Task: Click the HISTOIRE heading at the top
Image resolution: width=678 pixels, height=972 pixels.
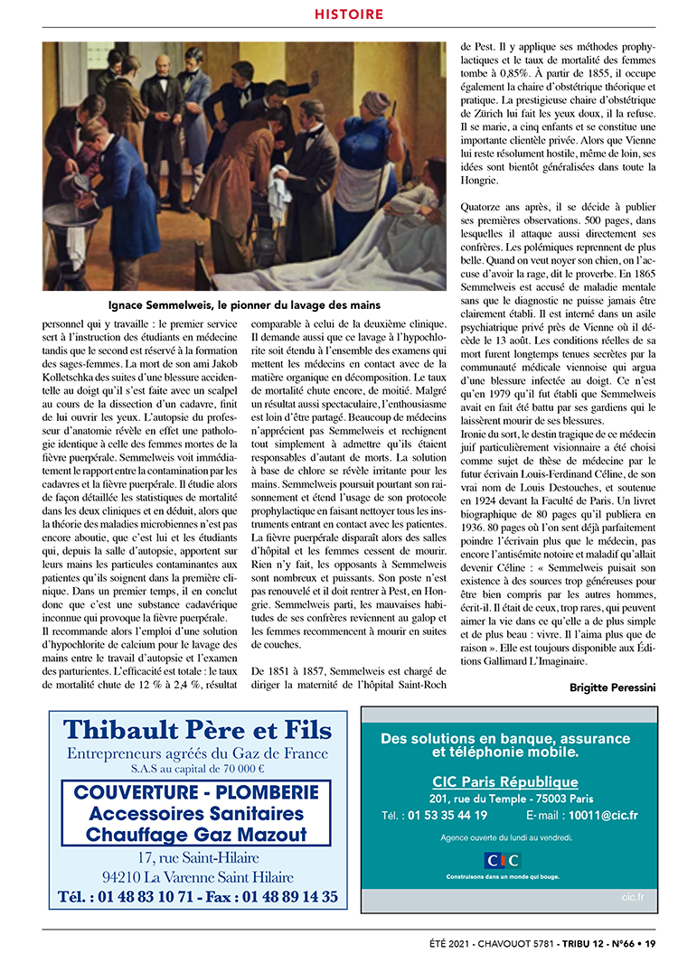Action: [x=349, y=14]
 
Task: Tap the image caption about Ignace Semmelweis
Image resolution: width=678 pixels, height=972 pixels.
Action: [x=244, y=305]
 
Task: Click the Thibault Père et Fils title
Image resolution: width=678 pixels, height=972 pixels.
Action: [x=197, y=729]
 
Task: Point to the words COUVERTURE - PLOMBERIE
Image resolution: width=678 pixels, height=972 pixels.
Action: [x=196, y=792]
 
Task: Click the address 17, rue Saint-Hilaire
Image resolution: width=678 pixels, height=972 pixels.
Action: [x=197, y=857]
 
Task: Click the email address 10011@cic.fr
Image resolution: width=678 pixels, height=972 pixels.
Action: [x=603, y=815]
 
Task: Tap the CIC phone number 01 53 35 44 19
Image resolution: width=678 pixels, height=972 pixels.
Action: [x=447, y=815]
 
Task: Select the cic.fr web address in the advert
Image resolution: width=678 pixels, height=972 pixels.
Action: [x=633, y=897]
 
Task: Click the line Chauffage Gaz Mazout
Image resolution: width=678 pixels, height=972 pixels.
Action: [x=196, y=835]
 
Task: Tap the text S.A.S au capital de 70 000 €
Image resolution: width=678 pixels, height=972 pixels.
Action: [x=197, y=770]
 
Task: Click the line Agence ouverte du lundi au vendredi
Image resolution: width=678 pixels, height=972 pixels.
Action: [x=506, y=837]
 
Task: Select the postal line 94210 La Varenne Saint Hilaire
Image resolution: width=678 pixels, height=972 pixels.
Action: [x=197, y=876]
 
